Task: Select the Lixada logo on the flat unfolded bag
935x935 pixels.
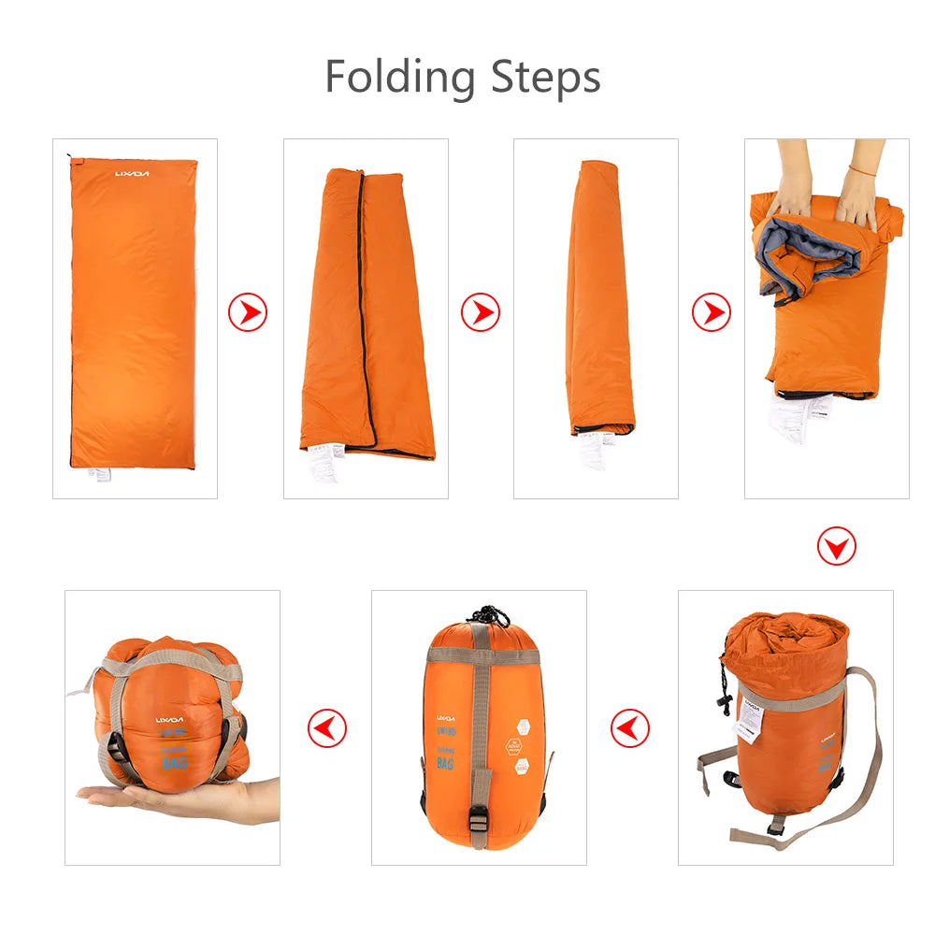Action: (x=132, y=174)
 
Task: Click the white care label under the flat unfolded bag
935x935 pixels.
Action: (x=98, y=472)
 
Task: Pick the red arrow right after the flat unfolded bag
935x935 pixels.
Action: (x=248, y=312)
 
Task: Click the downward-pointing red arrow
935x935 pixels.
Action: (x=836, y=545)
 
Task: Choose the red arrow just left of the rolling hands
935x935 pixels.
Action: (x=711, y=312)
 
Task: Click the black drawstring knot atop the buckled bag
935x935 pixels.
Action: (x=489, y=616)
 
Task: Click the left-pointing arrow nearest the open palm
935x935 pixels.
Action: (x=327, y=727)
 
